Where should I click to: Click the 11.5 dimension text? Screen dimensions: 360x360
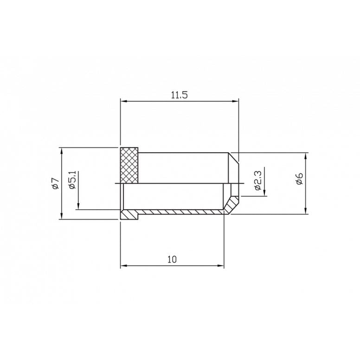pyautogui.click(x=180, y=95)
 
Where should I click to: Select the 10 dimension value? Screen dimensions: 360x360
pyautogui.click(x=172, y=259)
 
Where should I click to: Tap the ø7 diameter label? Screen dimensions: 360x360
pyautogui.click(x=56, y=183)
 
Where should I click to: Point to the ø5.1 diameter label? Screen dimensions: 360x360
pyautogui.click(x=72, y=180)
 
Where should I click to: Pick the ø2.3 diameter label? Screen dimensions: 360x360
pyautogui.click(x=258, y=181)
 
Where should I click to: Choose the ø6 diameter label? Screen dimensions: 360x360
pyautogui.click(x=299, y=179)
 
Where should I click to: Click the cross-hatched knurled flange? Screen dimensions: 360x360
pyautogui.click(x=129, y=165)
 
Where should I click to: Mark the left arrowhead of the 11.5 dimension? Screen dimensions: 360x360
pyautogui.click(x=124, y=101)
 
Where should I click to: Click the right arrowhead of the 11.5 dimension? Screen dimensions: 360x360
pyautogui.click(x=235, y=101)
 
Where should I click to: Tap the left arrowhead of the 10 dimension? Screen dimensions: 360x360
pyautogui.click(x=124, y=266)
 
